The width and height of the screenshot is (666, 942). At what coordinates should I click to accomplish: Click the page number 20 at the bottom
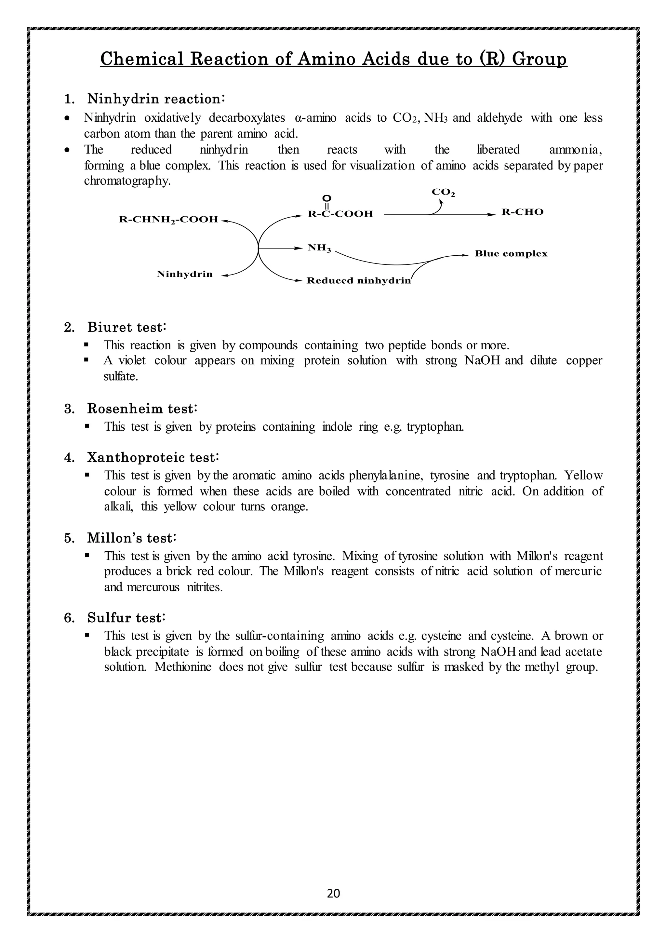click(333, 893)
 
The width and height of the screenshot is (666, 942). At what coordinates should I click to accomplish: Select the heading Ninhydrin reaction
click(155, 99)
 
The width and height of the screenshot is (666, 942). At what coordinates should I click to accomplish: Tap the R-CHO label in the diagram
click(523, 212)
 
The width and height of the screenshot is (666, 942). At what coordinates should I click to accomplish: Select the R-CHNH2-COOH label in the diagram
click(168, 220)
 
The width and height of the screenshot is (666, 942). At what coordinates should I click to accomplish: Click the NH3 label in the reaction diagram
click(319, 248)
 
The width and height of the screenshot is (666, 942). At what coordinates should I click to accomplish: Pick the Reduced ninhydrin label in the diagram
click(358, 281)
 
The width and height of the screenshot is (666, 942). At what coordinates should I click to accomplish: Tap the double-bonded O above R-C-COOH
click(327, 198)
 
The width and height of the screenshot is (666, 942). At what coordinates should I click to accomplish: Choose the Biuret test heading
click(126, 328)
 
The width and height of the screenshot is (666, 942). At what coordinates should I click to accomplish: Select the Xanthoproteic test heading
click(153, 457)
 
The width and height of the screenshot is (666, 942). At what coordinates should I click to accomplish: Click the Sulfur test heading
click(126, 617)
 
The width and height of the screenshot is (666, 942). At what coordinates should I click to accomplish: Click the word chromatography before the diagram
click(127, 181)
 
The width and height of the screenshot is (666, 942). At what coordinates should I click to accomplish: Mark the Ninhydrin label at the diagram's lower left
click(184, 274)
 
